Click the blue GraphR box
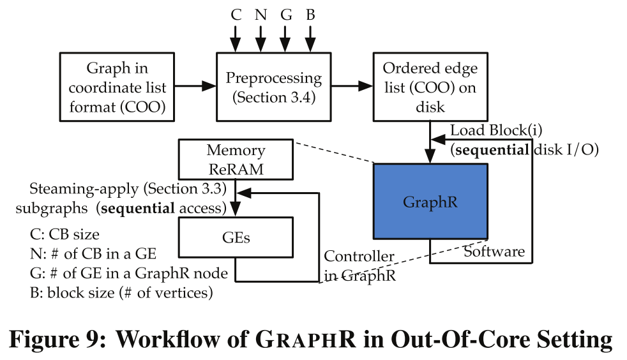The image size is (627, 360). [430, 202]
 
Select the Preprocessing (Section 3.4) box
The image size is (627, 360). [274, 87]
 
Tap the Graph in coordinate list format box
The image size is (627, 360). [117, 87]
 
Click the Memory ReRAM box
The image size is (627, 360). [236, 160]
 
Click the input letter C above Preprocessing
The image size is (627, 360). [236, 14]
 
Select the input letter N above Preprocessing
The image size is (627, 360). [261, 14]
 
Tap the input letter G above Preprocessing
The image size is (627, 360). [286, 14]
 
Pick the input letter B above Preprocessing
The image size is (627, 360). [310, 14]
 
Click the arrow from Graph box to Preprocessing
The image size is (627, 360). [195, 86]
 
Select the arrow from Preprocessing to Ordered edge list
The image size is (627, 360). [352, 86]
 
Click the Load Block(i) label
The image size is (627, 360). [497, 130]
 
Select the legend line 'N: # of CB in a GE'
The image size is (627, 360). [89, 253]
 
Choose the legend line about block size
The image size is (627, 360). [116, 293]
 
